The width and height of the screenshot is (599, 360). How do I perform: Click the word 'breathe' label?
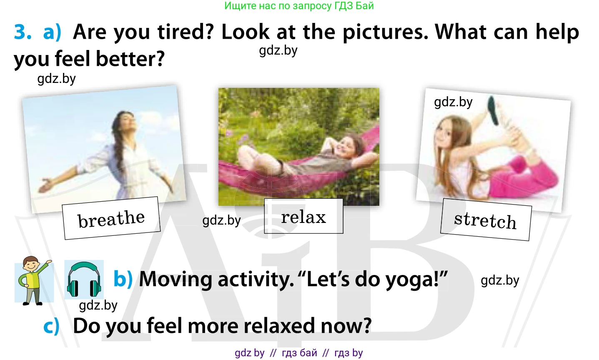click(111, 218)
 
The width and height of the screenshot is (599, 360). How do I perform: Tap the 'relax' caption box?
click(303, 216)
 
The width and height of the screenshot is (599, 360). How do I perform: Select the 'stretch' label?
click(485, 220)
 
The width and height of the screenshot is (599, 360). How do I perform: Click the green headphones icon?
click(84, 279)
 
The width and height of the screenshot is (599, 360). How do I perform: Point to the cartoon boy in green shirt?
click(33, 280)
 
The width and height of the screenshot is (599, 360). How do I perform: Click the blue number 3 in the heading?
click(23, 32)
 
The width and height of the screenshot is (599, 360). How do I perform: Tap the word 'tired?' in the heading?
click(185, 32)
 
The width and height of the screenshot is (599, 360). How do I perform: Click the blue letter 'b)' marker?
click(123, 279)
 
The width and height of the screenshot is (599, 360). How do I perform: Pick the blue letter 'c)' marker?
click(52, 325)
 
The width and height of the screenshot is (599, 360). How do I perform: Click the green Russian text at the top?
click(299, 5)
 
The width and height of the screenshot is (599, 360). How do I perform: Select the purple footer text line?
click(299, 353)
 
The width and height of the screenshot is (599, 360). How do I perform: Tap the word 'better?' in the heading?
click(130, 59)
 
